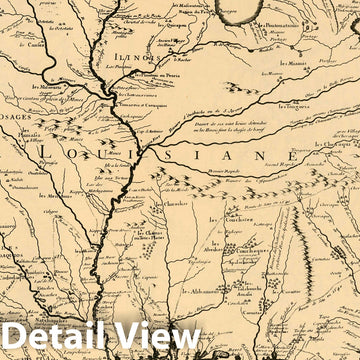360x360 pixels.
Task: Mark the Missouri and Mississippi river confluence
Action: (111, 93)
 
